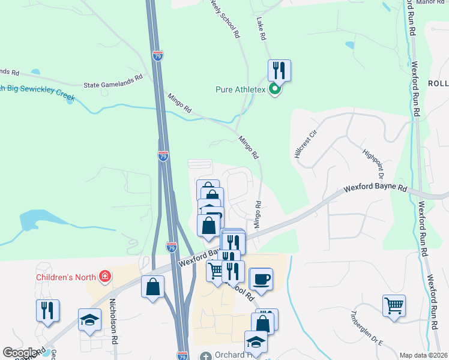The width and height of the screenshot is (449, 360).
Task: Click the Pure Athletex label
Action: coord(240,90)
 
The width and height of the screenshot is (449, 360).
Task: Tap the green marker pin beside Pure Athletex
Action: coord(275,90)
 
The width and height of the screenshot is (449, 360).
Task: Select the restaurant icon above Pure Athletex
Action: coord(279,70)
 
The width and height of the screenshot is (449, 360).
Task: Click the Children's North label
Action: coord(66,277)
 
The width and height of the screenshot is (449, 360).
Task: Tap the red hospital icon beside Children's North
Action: coord(106,277)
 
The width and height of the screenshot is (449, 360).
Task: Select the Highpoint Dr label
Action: coord(369,162)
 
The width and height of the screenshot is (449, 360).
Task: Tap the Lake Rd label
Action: coord(261,29)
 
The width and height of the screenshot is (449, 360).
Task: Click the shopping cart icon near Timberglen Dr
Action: coord(394,305)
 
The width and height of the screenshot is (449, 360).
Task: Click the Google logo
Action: coord(20,353)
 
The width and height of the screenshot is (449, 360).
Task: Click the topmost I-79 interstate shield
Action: coord(157,56)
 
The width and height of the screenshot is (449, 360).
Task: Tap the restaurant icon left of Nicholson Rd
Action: coord(47,310)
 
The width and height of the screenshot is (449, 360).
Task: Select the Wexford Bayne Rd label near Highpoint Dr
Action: coord(375,188)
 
